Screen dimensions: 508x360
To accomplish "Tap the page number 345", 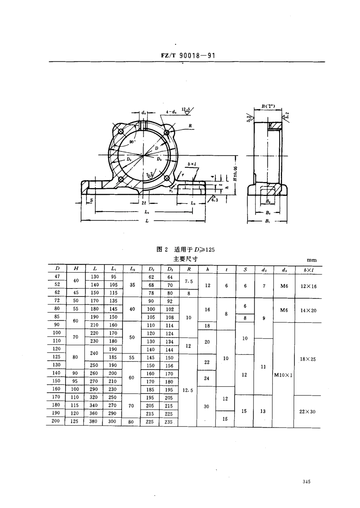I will point(307,481).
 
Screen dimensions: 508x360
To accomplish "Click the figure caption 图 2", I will point(162,249).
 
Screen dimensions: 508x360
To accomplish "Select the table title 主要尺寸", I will point(185,259).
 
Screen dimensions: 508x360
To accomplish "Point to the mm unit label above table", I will point(311,260).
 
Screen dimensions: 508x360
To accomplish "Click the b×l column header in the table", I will point(308,270).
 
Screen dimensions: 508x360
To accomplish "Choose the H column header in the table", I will point(76,268).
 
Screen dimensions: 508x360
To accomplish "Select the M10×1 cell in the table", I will point(283,375).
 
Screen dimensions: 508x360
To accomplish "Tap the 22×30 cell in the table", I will point(307,411).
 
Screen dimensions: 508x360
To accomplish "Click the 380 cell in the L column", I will point(94,421).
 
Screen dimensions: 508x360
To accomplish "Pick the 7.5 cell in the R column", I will point(189,281).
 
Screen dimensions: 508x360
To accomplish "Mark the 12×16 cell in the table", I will point(308,286).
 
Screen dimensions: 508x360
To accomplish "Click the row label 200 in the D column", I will point(56,421).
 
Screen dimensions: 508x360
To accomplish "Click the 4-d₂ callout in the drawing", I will point(171,112).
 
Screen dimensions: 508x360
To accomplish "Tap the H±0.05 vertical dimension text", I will point(235,172).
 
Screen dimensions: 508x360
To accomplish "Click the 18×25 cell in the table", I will point(308,359).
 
